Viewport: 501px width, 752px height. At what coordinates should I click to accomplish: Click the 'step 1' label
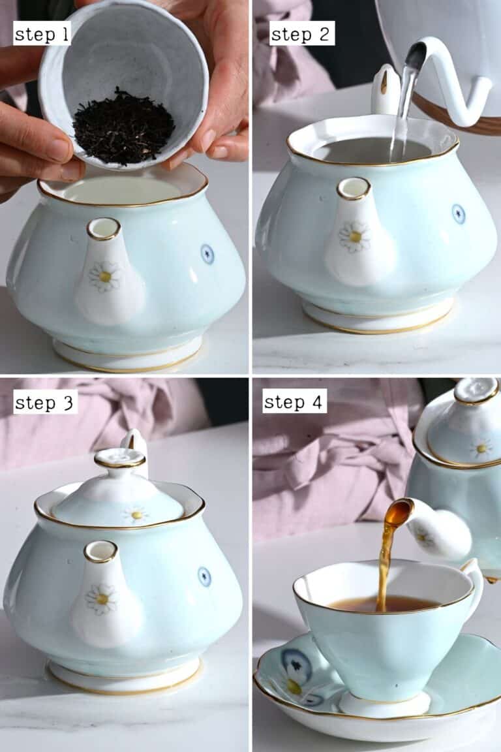42,34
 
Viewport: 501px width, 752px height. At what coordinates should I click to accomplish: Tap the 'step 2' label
302,34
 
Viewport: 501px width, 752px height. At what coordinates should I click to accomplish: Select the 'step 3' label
45,403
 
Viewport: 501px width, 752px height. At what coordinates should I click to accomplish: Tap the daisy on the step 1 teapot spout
104,275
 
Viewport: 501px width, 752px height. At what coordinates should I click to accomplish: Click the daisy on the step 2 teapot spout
354,236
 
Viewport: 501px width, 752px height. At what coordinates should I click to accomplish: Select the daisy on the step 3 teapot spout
101,599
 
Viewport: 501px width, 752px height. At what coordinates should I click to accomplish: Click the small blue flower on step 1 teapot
207,254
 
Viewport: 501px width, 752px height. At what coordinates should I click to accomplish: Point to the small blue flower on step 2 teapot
459,213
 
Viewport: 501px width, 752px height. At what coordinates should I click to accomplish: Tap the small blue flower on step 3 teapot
204,576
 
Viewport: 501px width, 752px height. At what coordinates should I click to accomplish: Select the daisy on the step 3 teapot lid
136,514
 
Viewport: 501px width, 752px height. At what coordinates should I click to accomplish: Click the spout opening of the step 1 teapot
104,228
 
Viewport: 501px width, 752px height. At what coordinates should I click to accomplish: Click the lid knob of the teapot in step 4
476,391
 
